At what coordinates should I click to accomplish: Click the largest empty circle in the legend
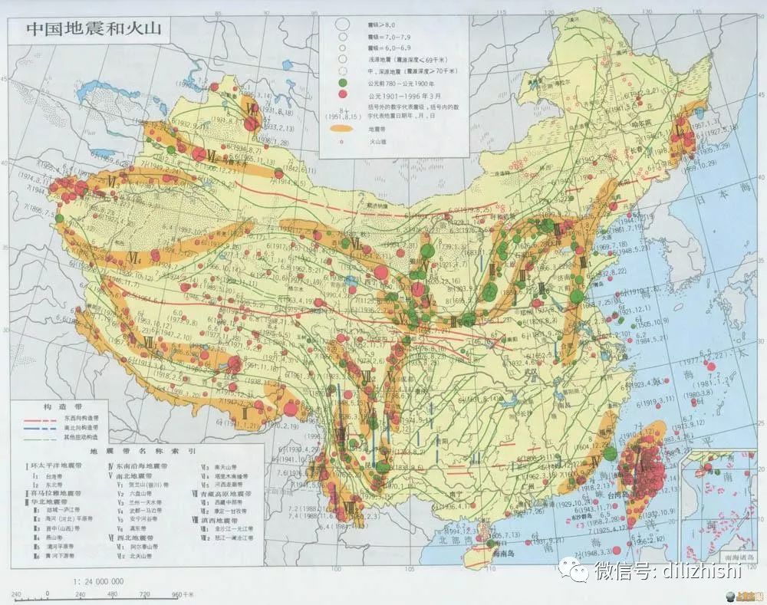click(342, 25)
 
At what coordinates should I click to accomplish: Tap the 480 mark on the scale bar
click(113, 593)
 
